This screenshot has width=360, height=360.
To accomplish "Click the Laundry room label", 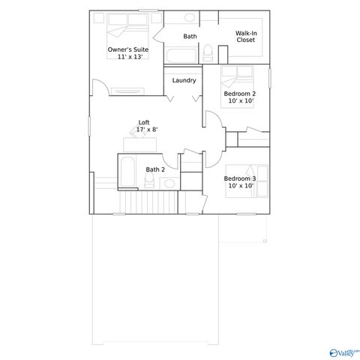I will [x=184, y=80].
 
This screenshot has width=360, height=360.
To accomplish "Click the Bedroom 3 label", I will [x=240, y=178].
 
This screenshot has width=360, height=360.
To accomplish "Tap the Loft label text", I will [x=144, y=122].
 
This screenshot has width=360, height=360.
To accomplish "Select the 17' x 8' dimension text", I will [x=146, y=130].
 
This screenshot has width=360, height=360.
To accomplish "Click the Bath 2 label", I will [x=154, y=169].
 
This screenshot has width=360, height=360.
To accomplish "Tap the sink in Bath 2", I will [x=169, y=183].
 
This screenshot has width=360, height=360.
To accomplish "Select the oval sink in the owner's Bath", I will [x=190, y=17].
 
